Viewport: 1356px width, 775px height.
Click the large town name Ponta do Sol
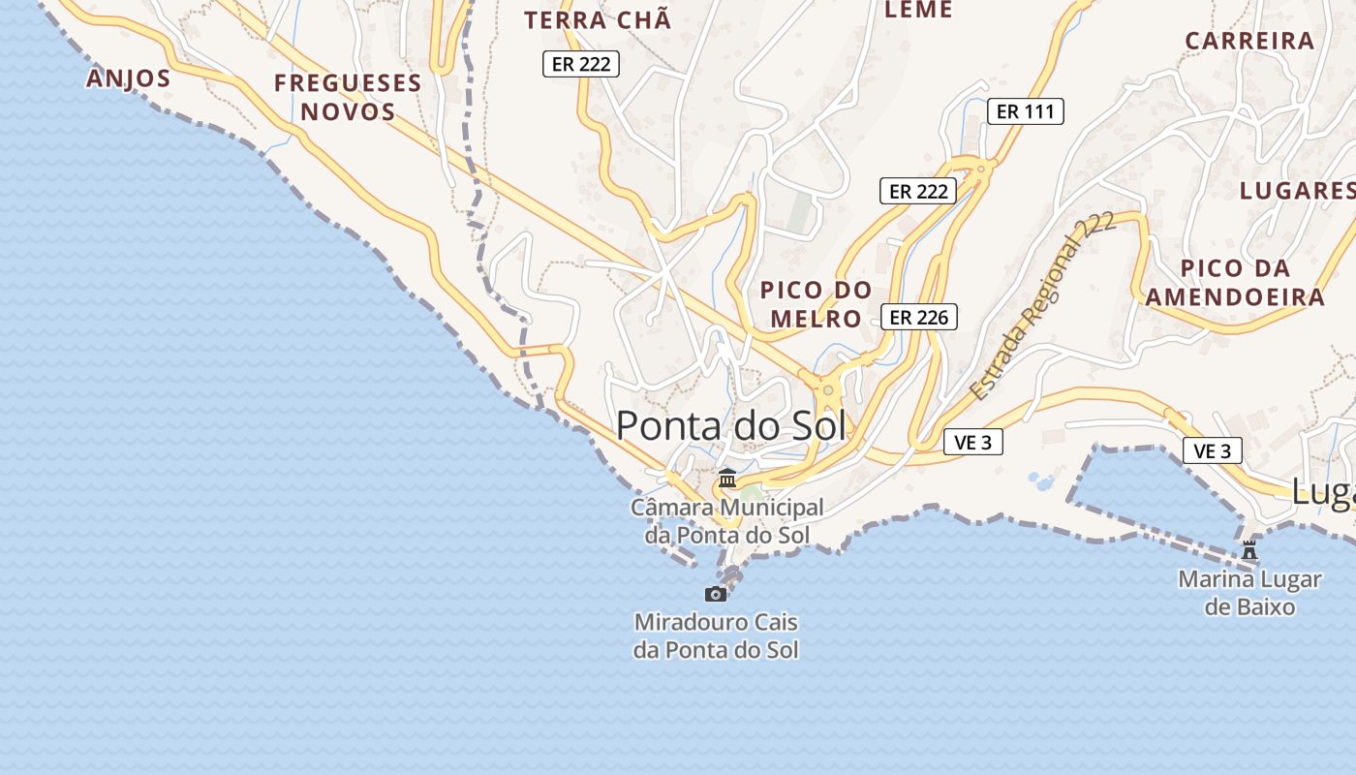(730, 426)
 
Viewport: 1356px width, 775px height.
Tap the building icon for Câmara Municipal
(726, 479)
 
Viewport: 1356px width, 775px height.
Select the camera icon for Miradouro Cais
(716, 594)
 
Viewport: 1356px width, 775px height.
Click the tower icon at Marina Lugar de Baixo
(1249, 550)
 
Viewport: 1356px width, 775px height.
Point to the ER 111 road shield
(1025, 111)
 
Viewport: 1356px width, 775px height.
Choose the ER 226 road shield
(918, 317)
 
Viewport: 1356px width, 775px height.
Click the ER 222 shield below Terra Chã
(580, 64)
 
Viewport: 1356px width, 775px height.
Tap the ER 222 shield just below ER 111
(918, 191)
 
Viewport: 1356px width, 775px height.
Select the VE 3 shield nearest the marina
(1212, 450)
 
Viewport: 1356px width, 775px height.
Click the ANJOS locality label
(129, 78)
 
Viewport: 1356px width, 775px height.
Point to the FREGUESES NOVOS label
(348, 97)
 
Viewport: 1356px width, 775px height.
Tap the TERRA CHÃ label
(598, 20)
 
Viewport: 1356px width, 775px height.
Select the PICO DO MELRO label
(816, 304)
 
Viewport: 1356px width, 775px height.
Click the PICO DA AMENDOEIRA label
(1235, 282)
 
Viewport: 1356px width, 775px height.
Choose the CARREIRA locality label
(1249, 41)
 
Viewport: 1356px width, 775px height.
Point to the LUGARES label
(1297, 190)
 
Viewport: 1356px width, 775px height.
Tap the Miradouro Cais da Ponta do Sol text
(716, 635)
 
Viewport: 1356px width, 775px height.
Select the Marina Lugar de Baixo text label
(1249, 593)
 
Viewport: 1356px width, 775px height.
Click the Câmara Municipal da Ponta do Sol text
(726, 520)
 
